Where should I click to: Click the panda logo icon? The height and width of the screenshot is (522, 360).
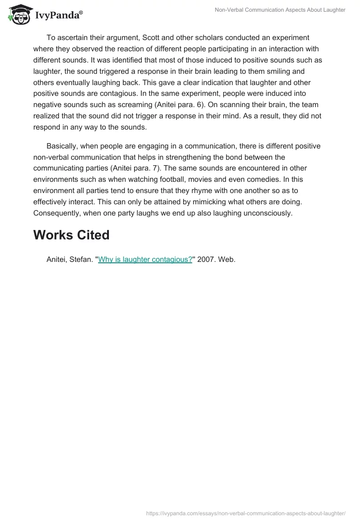coord(18,14)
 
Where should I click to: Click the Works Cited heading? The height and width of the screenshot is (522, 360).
coord(71,235)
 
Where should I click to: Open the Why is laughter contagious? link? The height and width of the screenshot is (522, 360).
coord(145,260)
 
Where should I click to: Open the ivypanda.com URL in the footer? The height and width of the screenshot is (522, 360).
coord(246,513)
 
